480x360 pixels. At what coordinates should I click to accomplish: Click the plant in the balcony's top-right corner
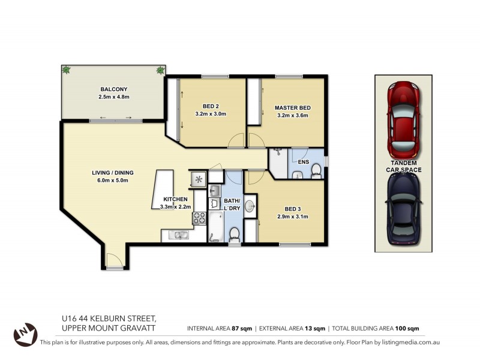pos(160,71)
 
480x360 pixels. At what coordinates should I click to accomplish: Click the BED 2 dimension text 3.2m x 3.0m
pos(211,113)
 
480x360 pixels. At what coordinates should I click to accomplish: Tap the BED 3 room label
pos(292,209)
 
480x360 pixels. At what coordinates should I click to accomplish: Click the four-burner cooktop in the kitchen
pos(198,218)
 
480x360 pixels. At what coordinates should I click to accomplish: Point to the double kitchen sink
pos(178,235)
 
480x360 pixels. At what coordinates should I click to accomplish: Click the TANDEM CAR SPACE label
pos(403,166)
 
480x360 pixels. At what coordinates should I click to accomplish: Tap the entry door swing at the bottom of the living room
pos(113,260)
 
